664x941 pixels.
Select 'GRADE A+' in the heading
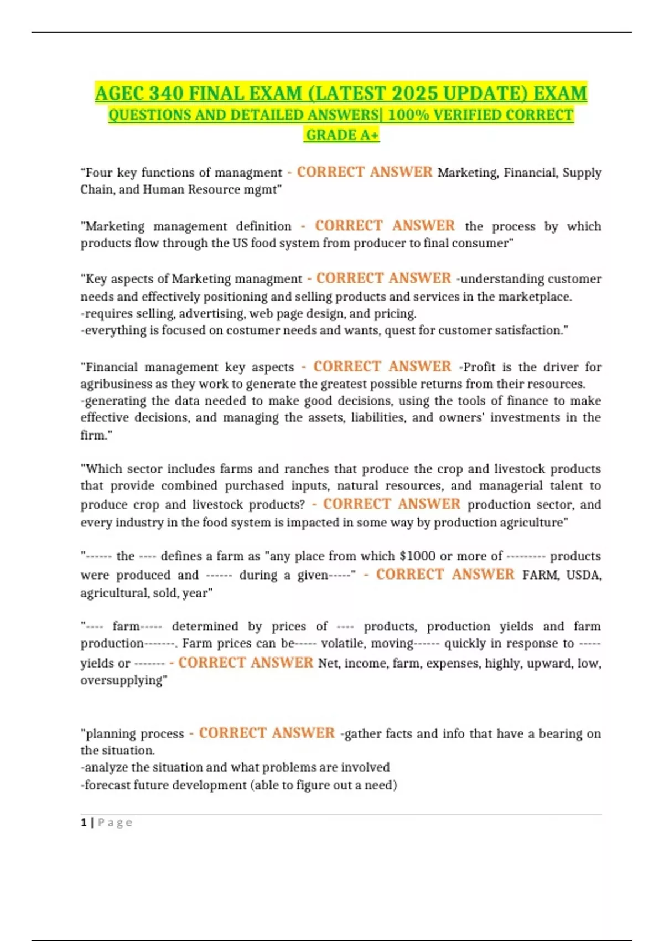(x=342, y=135)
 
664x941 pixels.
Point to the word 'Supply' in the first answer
(x=582, y=173)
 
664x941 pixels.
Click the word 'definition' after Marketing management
(x=263, y=226)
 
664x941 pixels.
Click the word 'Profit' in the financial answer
(x=479, y=367)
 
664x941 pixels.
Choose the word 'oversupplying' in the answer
(x=122, y=680)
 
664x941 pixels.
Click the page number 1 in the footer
(x=84, y=823)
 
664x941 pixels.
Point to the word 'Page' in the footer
(x=115, y=823)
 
